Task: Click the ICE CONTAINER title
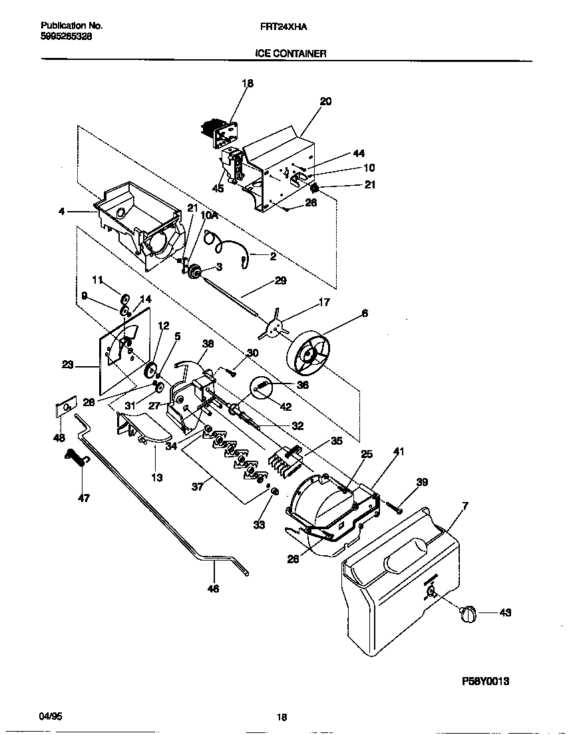pyautogui.click(x=291, y=53)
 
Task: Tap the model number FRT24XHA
pyautogui.click(x=287, y=26)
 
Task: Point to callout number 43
pyautogui.click(x=505, y=612)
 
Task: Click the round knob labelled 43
pyautogui.click(x=468, y=613)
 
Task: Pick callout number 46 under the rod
pyautogui.click(x=214, y=588)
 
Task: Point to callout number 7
pyautogui.click(x=465, y=507)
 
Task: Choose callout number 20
pyautogui.click(x=325, y=102)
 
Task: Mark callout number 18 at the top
pyautogui.click(x=248, y=84)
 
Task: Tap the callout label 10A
pyautogui.click(x=209, y=216)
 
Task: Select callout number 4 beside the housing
pyautogui.click(x=61, y=212)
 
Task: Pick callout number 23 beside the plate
pyautogui.click(x=68, y=364)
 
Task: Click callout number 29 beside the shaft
pyautogui.click(x=280, y=281)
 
